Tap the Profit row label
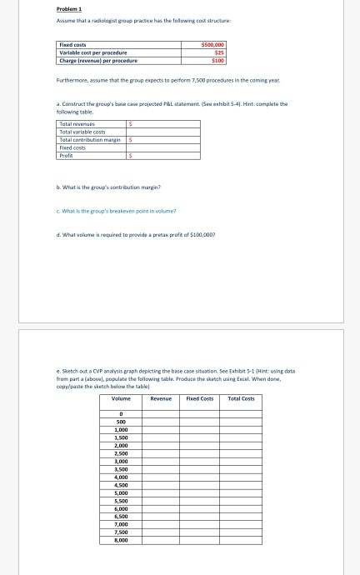point(67,154)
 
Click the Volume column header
point(122,399)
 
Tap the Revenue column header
point(160,399)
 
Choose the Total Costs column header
point(241,399)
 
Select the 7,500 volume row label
point(122,533)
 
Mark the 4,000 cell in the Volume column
point(122,477)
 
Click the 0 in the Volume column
point(122,414)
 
